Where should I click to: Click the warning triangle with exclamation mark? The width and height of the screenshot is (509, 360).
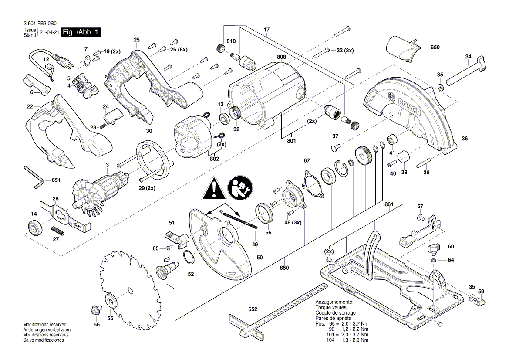tap(213, 188)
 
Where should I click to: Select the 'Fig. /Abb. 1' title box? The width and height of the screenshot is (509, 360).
tap(81, 32)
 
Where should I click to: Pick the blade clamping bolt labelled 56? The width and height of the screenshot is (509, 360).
tap(94, 311)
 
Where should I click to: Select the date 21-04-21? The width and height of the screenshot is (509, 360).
tap(49, 33)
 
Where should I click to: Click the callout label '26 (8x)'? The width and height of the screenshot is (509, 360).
tap(179, 49)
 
